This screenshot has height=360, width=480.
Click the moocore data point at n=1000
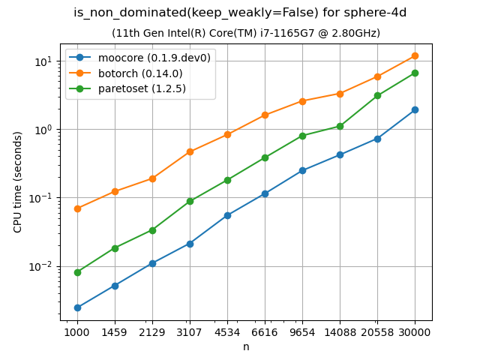pos(77,307)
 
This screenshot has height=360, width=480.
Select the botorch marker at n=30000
pos(415,55)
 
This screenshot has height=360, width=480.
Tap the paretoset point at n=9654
pos(302,136)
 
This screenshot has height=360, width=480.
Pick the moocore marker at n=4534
pos(227,215)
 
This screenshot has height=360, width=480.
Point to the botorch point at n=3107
pos(190,151)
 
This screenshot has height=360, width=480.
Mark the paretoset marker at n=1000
pos(77,272)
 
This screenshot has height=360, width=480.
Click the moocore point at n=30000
pos(415,109)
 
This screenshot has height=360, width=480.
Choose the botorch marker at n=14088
pos(340,94)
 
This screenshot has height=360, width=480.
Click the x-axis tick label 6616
pos(265,331)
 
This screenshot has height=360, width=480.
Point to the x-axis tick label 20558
pos(377,331)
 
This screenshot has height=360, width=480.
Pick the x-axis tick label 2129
pos(152,331)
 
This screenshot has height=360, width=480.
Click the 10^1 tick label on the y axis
pos(43,61)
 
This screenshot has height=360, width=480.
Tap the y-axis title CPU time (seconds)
pos(18,181)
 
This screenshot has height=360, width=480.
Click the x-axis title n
pos(246,346)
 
